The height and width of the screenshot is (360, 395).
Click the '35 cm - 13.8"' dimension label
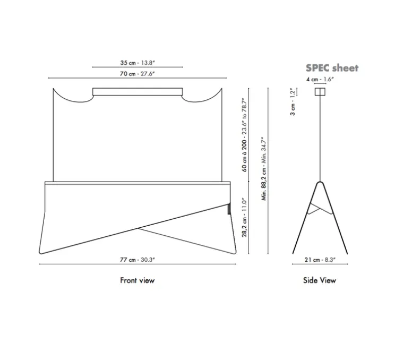click(x=138, y=63)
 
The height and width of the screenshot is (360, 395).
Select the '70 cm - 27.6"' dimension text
click(x=138, y=74)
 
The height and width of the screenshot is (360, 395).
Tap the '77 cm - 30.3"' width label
click(x=138, y=260)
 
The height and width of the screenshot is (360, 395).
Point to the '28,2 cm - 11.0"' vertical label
click(x=244, y=217)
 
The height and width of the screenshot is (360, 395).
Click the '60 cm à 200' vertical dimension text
click(x=244, y=155)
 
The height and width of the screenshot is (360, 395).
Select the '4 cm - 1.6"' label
click(x=320, y=79)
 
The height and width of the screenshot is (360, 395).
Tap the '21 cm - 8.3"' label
click(x=320, y=260)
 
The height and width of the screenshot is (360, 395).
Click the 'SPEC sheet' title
click(x=332, y=68)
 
